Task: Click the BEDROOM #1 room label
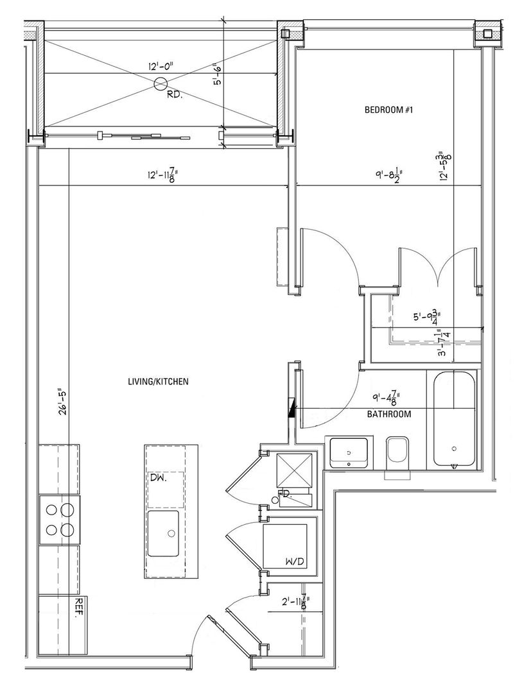tap(388, 110)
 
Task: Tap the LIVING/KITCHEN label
tap(157, 382)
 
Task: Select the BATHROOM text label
tap(388, 415)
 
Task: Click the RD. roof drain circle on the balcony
tap(161, 83)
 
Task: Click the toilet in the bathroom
tap(396, 453)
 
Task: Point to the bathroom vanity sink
tap(349, 452)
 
